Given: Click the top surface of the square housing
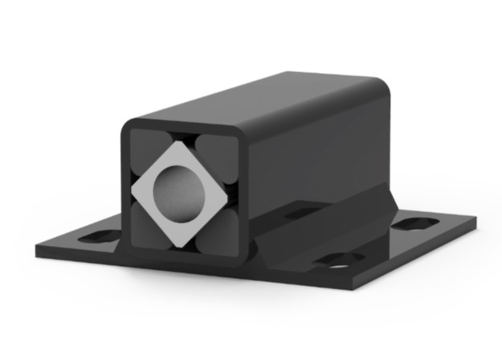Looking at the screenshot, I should click(x=265, y=96).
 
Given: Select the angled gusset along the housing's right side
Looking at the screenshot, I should click(x=321, y=230).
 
